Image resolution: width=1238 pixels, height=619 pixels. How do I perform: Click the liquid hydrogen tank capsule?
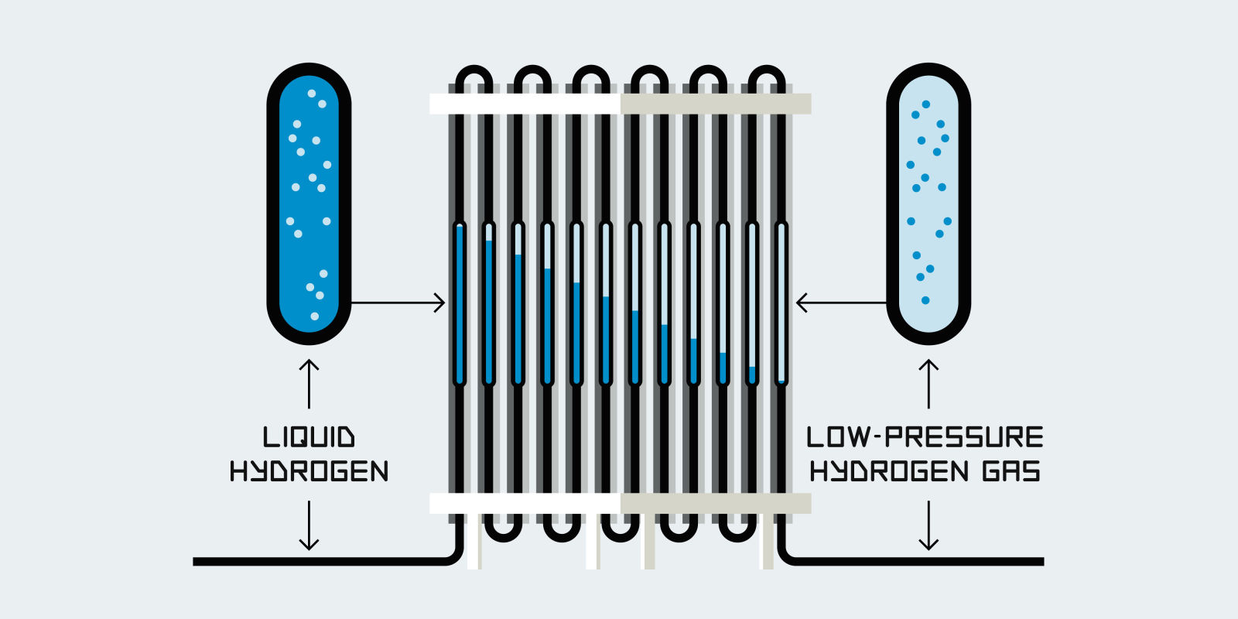click(x=309, y=203)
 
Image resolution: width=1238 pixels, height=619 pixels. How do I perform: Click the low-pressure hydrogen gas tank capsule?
click(x=929, y=203)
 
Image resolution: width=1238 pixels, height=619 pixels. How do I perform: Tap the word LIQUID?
click(x=309, y=437)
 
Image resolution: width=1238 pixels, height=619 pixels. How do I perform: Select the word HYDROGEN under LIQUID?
click(x=309, y=471)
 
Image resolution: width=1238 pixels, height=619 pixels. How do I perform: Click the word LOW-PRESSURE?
click(x=925, y=437)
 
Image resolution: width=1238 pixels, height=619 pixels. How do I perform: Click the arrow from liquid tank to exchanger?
click(x=398, y=303)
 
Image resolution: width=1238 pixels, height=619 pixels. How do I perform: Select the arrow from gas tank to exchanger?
click(x=841, y=303)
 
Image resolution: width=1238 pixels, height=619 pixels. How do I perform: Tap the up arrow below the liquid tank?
click(x=309, y=383)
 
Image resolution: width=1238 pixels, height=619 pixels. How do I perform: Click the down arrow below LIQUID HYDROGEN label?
click(x=309, y=526)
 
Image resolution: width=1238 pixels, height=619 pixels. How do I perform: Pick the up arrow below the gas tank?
click(x=929, y=383)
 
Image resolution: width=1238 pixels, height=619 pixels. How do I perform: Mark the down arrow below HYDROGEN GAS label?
click(x=929, y=526)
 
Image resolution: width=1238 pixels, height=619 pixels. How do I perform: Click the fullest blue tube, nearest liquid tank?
click(x=460, y=303)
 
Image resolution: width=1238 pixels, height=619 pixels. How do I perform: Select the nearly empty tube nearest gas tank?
click(x=781, y=303)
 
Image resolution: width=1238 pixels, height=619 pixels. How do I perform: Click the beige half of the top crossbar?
click(x=716, y=104)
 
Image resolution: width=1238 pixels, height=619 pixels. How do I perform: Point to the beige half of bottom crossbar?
click(x=716, y=504)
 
